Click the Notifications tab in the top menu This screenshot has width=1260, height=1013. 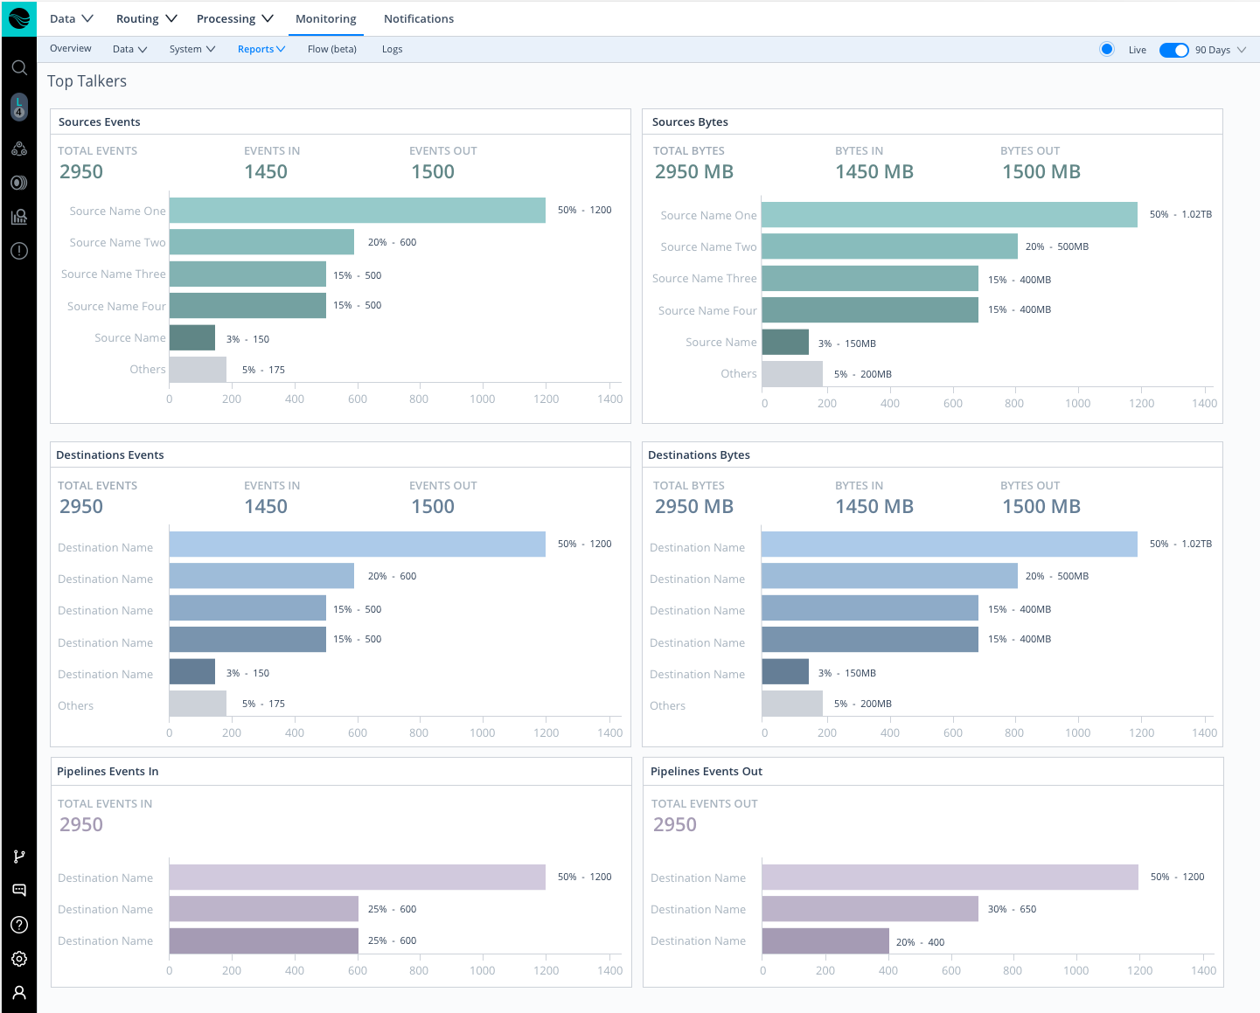418,18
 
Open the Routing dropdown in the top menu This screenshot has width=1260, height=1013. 146,18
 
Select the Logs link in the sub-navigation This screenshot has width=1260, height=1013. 392,49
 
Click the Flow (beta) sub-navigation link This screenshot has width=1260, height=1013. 331,49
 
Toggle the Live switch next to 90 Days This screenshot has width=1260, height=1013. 1173,50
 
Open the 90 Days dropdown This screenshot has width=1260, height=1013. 1220,50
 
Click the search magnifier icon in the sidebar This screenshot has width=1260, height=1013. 19,67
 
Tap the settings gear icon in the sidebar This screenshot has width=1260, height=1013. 19,959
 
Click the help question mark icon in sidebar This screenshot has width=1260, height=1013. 19,925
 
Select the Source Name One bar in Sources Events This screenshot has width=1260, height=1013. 357,211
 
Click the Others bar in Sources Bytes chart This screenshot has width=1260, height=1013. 792,374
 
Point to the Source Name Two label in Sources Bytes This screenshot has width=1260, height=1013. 708,246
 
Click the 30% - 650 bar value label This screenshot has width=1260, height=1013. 1012,909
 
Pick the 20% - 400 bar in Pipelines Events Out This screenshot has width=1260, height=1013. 825,941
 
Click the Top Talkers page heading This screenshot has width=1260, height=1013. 87,81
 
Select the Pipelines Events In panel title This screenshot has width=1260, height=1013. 108,771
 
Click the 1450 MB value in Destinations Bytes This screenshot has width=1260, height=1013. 874,507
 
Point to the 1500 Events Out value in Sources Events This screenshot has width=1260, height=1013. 433,172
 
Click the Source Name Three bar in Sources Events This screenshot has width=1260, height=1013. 247,274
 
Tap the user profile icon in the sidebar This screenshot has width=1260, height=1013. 19,993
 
